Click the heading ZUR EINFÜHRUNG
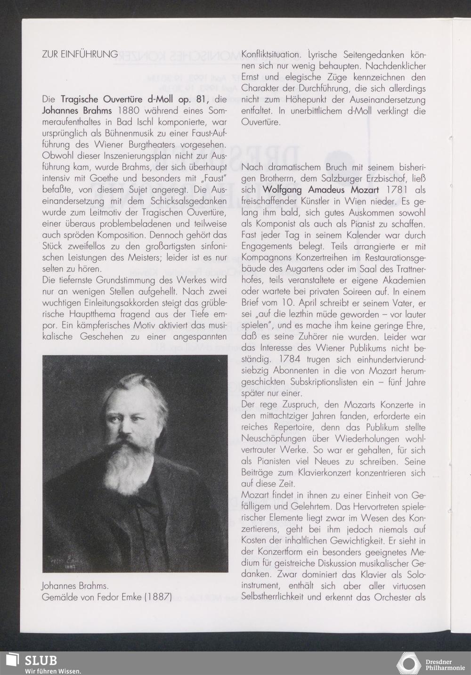(x=80, y=54)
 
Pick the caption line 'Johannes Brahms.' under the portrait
(x=75, y=586)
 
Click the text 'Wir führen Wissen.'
(x=53, y=671)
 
